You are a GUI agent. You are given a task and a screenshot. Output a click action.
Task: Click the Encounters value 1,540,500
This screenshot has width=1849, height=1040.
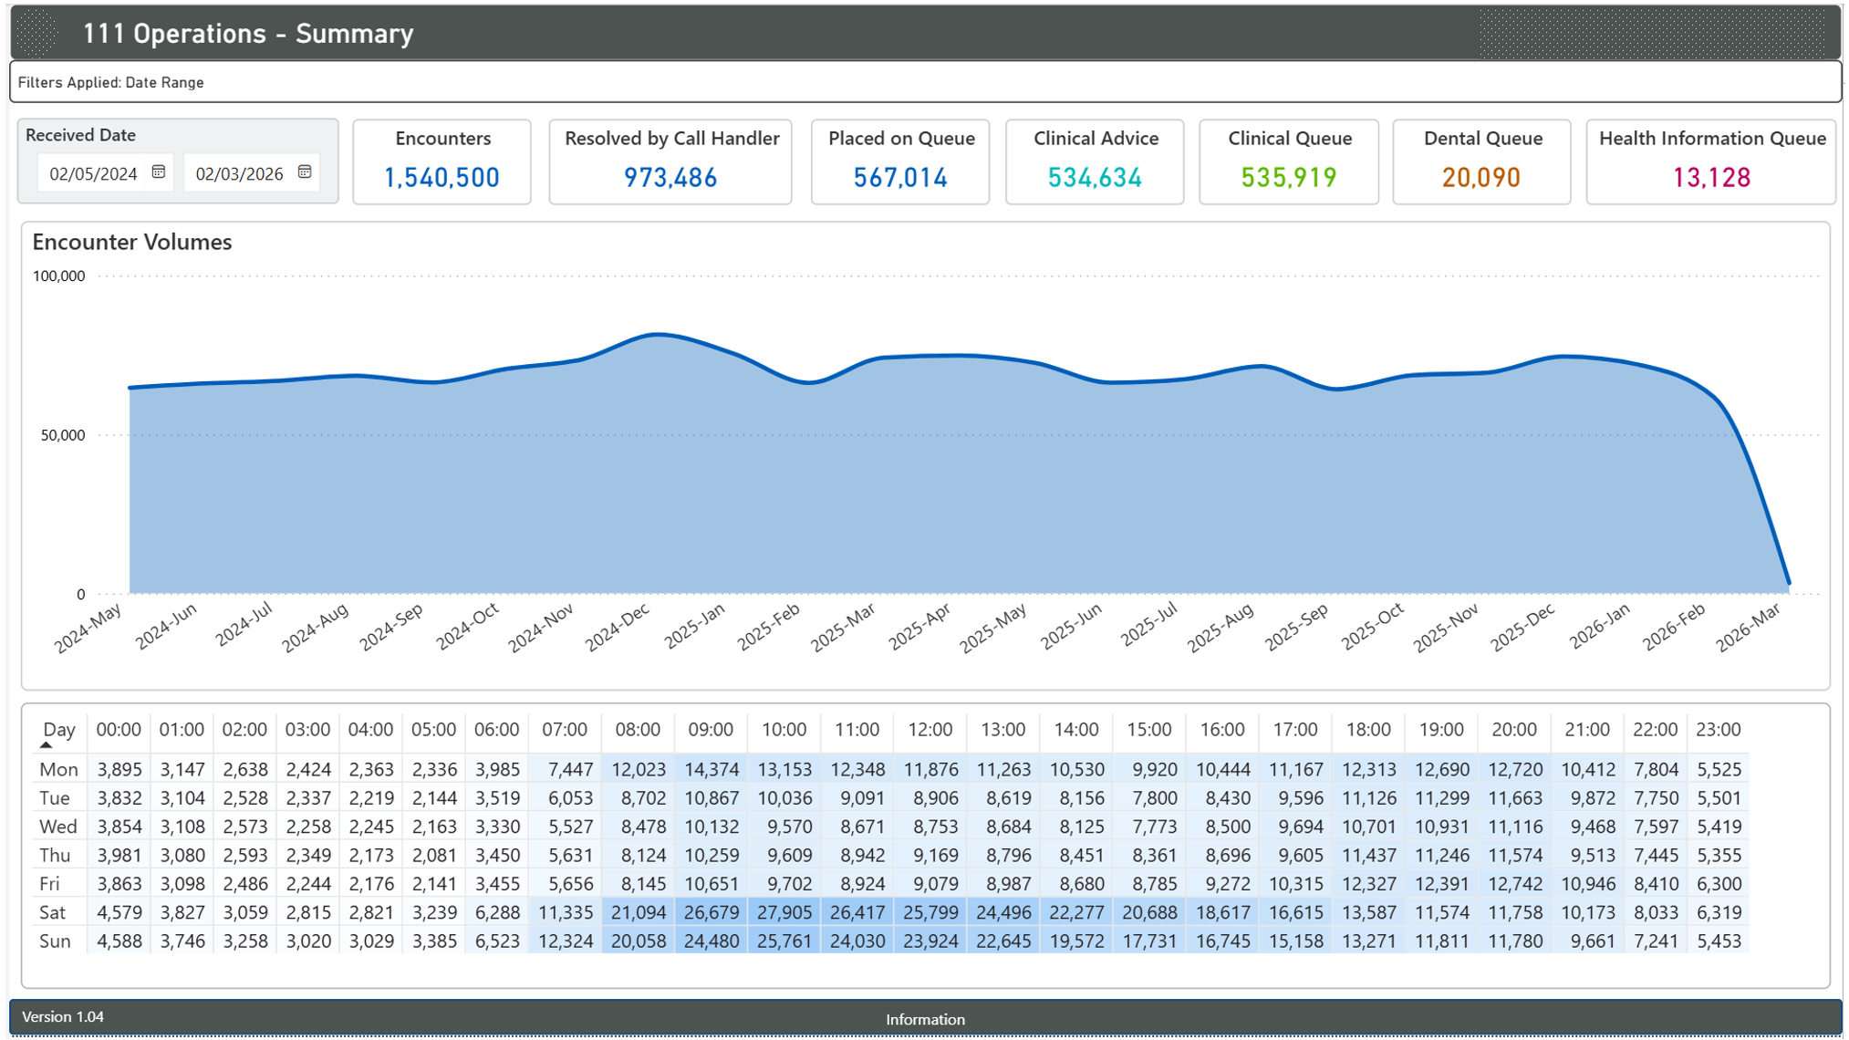(x=441, y=177)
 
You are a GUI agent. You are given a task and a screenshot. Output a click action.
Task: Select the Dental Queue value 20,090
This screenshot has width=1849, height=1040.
(x=1480, y=177)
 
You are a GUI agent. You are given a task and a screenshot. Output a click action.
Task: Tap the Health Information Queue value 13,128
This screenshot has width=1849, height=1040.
(x=1710, y=177)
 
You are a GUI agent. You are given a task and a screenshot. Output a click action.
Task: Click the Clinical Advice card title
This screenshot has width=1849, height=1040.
(x=1095, y=139)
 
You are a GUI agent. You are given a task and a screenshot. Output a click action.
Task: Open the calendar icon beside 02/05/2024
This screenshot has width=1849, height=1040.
(x=159, y=172)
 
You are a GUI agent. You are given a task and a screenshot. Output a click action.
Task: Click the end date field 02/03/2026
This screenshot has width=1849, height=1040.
(x=239, y=173)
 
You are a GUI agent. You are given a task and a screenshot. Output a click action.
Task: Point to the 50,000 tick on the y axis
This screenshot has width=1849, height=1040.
(x=62, y=435)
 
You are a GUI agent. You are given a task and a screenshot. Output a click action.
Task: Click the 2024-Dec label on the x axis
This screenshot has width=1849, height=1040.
(x=618, y=627)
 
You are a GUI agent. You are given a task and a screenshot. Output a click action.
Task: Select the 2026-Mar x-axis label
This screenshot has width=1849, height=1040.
(x=1749, y=627)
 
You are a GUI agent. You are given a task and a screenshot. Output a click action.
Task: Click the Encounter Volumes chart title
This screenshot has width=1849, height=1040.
(x=132, y=242)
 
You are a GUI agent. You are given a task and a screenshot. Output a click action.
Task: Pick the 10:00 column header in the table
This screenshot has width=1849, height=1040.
(x=784, y=730)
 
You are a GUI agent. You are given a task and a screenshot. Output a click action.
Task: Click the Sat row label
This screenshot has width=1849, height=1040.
(x=53, y=912)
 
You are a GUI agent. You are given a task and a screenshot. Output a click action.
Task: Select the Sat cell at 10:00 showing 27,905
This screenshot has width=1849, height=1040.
(x=784, y=912)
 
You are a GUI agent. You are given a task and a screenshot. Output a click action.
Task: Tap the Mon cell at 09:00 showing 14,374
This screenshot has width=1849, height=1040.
(x=711, y=770)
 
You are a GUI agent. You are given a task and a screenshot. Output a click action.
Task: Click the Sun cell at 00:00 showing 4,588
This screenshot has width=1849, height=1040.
(x=119, y=941)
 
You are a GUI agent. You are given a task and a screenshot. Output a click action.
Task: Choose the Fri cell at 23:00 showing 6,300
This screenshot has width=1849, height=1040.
(x=1719, y=884)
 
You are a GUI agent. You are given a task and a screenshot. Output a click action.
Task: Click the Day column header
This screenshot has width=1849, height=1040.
(x=58, y=730)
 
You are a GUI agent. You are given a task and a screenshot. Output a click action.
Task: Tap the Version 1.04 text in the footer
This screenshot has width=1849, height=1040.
(x=63, y=1016)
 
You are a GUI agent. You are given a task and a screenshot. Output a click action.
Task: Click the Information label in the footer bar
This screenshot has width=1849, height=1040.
(x=925, y=1019)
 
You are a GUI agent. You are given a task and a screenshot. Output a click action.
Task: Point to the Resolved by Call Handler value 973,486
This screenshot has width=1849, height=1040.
(x=670, y=177)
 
